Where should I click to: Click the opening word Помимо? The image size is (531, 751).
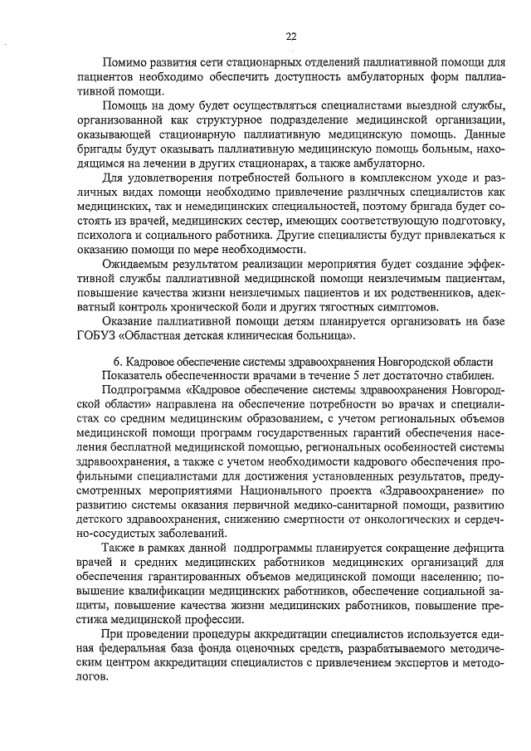pyautogui.click(x=123, y=64)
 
